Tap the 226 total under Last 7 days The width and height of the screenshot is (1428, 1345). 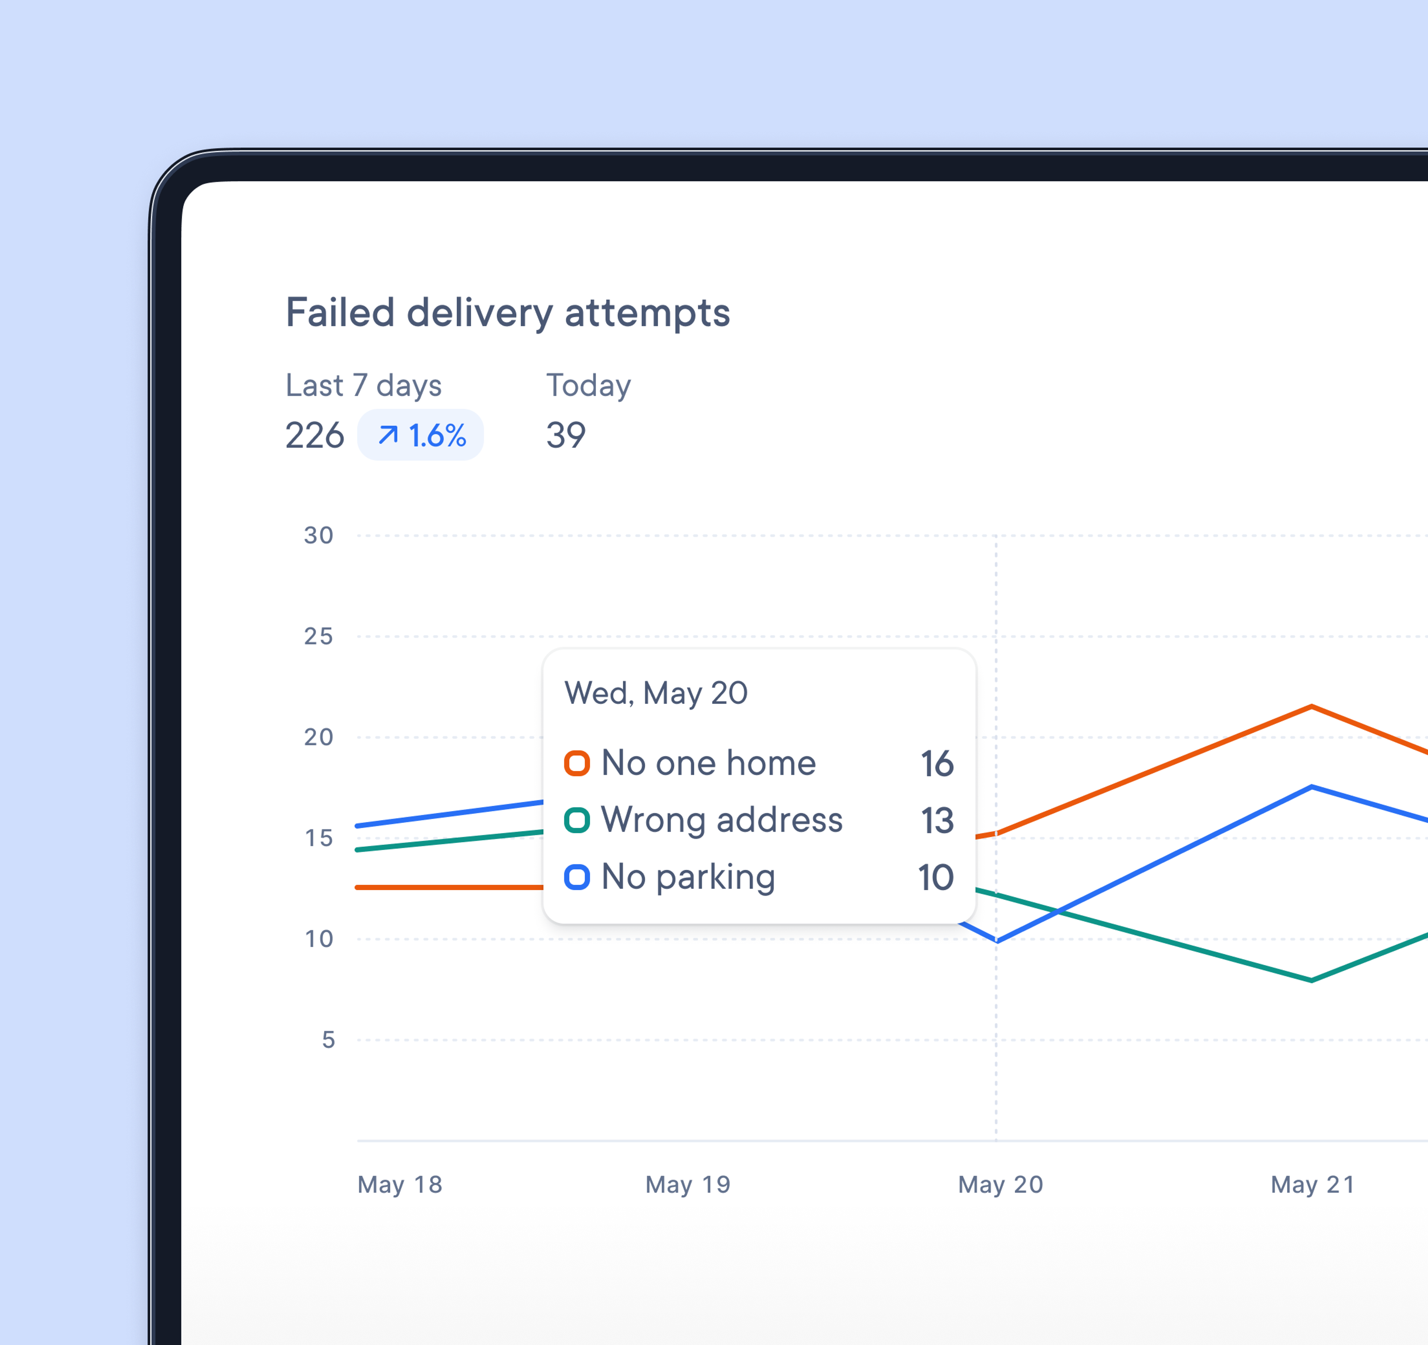tap(315, 435)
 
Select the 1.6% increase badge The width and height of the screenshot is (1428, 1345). tap(421, 435)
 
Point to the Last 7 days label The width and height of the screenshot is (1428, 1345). tap(363, 386)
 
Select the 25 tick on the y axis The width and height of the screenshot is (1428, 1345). tap(318, 636)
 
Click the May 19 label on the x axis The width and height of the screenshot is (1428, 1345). tap(688, 1184)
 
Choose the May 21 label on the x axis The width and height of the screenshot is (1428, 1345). tap(1312, 1184)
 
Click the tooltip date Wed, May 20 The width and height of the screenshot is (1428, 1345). tap(656, 694)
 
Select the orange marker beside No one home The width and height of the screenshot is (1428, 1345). tap(577, 763)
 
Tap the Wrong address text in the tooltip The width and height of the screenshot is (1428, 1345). tap(721, 820)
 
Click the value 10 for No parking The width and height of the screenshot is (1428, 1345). tap(935, 878)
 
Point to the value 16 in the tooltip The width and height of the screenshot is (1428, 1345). tap(937, 763)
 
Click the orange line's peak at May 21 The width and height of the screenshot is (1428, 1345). tap(1312, 707)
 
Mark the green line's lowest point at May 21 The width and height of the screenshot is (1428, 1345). tap(1312, 980)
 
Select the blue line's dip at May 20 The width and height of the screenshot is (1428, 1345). tap(996, 940)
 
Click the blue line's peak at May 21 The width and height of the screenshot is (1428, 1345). tap(1312, 787)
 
